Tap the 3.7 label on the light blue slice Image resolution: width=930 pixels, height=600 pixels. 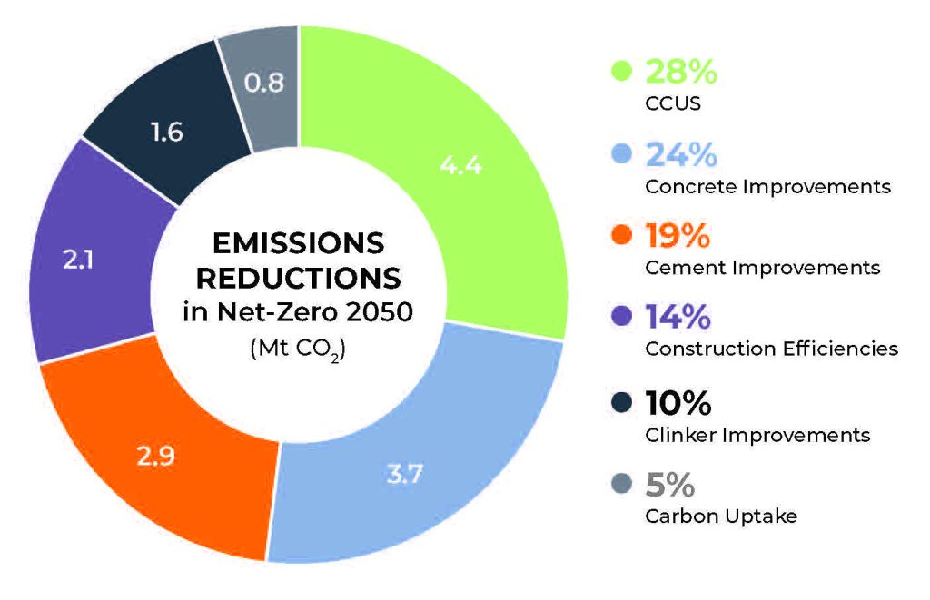tap(401, 473)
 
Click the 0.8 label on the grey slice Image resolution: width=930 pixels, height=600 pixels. tap(264, 83)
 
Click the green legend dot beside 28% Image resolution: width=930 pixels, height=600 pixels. tap(622, 71)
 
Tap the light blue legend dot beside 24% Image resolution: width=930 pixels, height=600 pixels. tap(622, 154)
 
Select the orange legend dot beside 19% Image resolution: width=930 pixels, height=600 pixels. tap(622, 236)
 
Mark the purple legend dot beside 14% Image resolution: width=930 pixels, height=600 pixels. tap(622, 318)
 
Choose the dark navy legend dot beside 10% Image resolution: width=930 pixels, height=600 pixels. tap(622, 401)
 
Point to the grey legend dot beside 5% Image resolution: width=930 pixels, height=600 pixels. tap(622, 484)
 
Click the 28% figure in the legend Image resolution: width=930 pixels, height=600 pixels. tap(680, 71)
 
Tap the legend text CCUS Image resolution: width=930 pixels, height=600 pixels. tap(673, 103)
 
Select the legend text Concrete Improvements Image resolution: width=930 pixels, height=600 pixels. tap(767, 187)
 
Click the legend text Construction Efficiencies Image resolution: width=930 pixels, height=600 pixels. tap(771, 349)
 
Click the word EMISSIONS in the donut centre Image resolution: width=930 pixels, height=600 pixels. tap(298, 242)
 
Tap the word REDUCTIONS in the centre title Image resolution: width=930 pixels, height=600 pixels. tap(298, 277)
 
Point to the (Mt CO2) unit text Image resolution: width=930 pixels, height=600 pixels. tap(298, 349)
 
